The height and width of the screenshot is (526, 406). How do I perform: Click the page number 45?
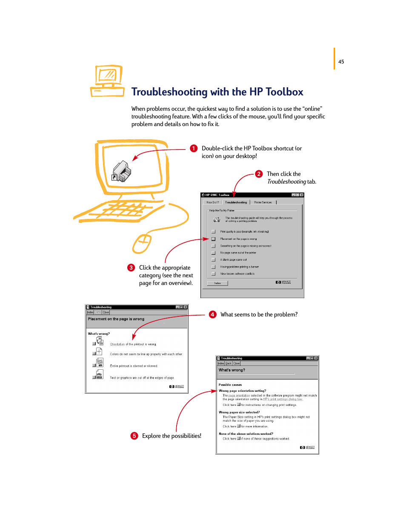click(x=341, y=62)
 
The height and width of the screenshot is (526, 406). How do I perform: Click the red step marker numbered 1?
click(x=194, y=148)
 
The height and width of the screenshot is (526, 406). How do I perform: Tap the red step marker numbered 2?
click(x=259, y=174)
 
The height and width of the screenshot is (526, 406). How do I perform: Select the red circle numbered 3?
click(x=131, y=267)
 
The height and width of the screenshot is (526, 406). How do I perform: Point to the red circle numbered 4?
click(x=212, y=314)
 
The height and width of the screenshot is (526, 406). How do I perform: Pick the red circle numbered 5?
click(x=134, y=436)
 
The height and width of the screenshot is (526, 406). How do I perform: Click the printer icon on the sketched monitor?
click(x=122, y=172)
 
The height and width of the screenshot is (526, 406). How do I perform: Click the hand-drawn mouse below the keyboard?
click(x=142, y=243)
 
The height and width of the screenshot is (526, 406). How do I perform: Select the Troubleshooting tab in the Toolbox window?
click(x=236, y=202)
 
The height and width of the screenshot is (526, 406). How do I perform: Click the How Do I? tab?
click(x=212, y=202)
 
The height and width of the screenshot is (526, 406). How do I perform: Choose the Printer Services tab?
click(x=263, y=202)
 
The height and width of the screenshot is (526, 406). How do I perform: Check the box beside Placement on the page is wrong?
click(x=213, y=239)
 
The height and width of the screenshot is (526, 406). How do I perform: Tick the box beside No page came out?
click(x=213, y=253)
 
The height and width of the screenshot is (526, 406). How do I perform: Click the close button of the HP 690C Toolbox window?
click(x=302, y=195)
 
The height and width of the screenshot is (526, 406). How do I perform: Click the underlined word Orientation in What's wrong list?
click(x=117, y=344)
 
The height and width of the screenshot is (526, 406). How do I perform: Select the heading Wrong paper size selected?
click(x=239, y=412)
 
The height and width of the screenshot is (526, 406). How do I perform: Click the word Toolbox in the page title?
click(x=284, y=92)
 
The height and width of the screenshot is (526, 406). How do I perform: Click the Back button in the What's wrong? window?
click(x=229, y=363)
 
